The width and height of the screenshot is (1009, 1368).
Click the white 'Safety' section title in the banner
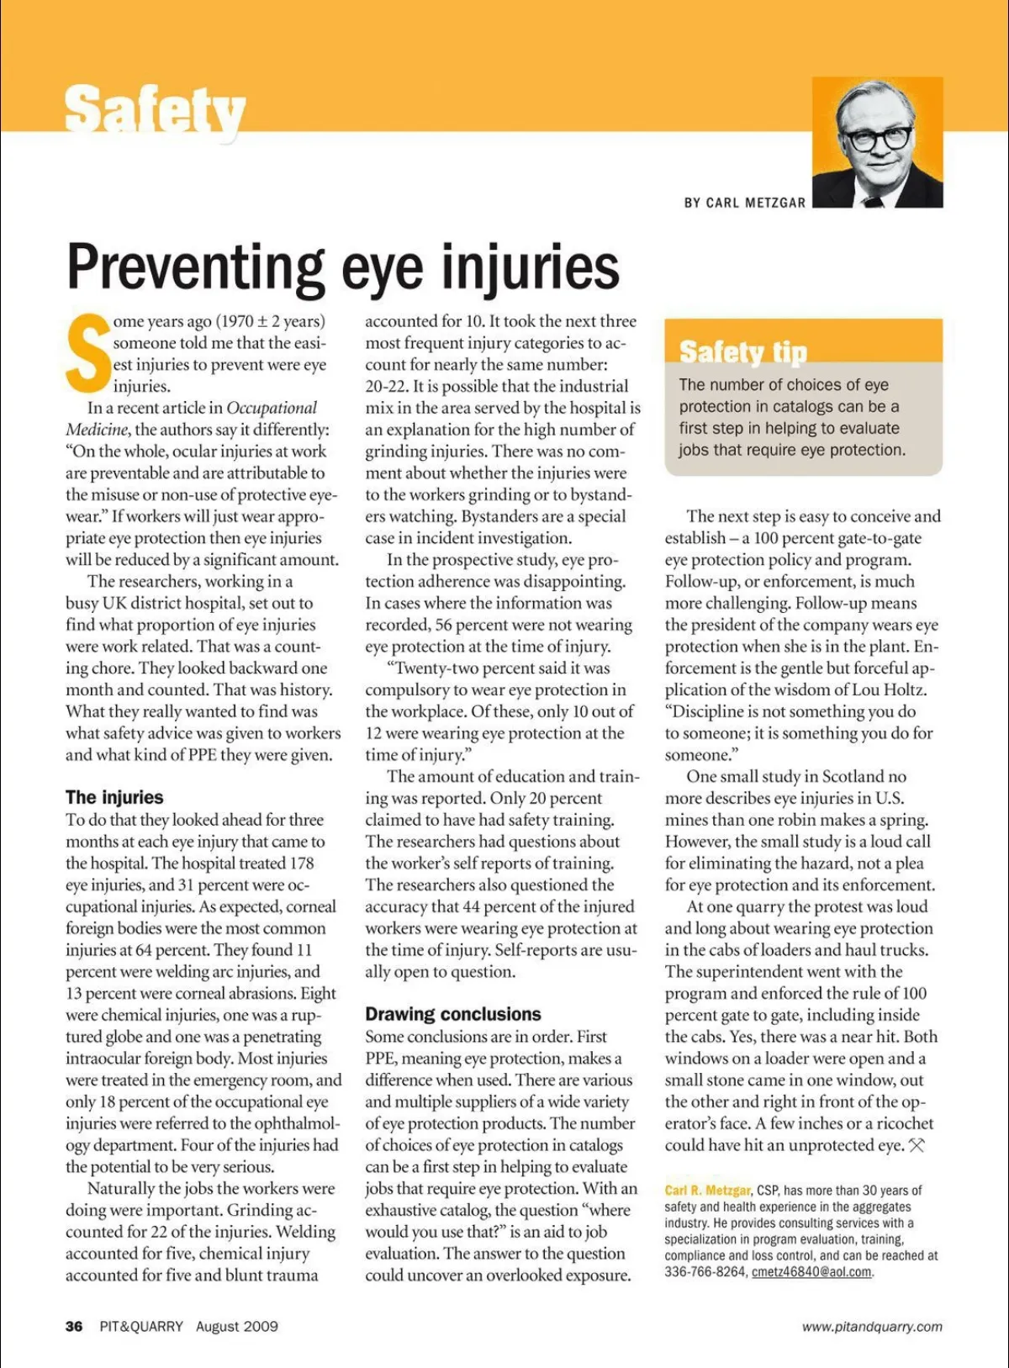point(155,111)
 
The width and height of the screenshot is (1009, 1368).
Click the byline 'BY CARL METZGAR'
point(744,203)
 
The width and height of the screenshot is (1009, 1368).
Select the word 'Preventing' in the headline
point(195,267)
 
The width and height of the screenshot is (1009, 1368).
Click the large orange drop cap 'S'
point(87,354)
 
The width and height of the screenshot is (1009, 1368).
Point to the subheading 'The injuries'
point(114,797)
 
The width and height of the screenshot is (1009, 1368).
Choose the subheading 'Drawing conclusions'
point(452,1014)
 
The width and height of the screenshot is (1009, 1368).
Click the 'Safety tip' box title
point(742,351)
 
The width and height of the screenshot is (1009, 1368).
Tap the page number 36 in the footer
point(74,1326)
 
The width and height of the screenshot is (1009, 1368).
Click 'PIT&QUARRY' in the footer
point(141,1326)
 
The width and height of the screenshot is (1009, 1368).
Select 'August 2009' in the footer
point(237,1326)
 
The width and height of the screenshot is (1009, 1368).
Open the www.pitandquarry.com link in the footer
point(872,1327)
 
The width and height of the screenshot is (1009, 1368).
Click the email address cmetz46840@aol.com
point(811,1272)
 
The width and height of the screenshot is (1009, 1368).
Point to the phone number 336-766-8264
point(705,1272)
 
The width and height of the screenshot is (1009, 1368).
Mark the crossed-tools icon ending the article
point(917,1145)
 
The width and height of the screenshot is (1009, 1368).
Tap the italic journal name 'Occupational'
point(272,408)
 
